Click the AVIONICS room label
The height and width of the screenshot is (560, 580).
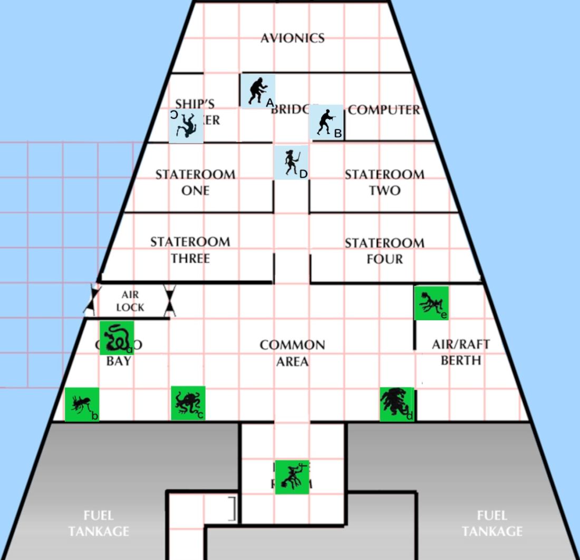(x=292, y=38)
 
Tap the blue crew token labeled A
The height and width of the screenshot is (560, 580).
(x=257, y=91)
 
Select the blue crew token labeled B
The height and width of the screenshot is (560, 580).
(x=327, y=122)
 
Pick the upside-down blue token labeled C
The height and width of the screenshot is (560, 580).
(x=186, y=125)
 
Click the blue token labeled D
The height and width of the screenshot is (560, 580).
(x=291, y=162)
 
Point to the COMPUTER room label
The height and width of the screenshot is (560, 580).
(x=384, y=110)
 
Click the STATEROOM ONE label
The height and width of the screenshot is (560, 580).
(x=195, y=182)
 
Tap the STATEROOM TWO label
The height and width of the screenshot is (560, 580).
(x=384, y=182)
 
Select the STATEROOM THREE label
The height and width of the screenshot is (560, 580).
(x=190, y=250)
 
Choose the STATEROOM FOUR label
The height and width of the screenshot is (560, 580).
(x=384, y=251)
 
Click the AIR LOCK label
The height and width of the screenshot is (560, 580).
(x=130, y=301)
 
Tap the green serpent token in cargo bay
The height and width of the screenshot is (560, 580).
(x=117, y=338)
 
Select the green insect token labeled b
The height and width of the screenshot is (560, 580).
(x=82, y=405)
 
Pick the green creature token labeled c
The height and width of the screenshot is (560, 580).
(x=188, y=404)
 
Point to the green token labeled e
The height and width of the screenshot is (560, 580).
(x=431, y=303)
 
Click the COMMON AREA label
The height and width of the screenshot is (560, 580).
(x=292, y=353)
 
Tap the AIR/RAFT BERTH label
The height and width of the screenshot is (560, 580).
(x=461, y=352)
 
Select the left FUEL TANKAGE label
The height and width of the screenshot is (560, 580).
(x=99, y=523)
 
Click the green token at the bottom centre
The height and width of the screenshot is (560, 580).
(x=292, y=477)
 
